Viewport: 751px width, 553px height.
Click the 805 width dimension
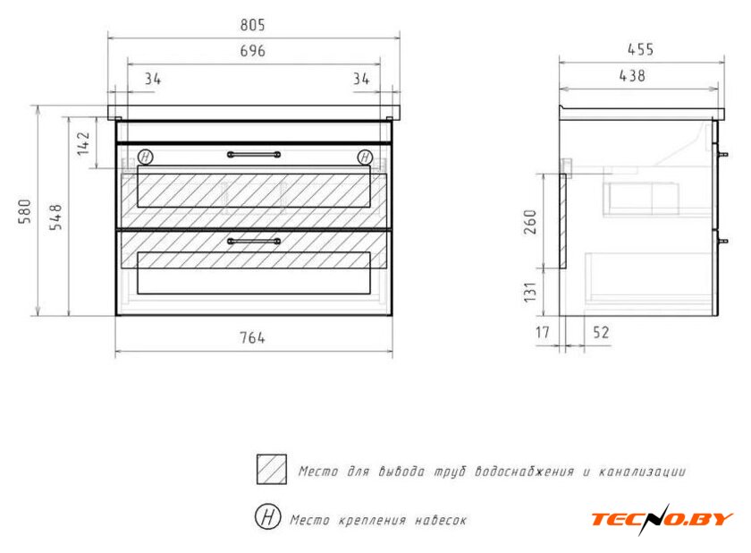252,25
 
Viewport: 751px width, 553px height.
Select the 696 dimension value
252,50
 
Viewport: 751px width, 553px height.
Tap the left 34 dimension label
153,78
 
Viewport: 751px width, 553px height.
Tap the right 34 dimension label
361,78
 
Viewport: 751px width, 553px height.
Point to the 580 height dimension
24,211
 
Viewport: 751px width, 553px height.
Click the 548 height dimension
56,217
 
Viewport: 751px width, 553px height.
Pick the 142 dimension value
83,143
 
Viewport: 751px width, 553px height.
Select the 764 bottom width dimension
252,337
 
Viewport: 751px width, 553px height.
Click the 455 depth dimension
640,49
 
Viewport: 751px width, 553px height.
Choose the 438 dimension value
632,75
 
